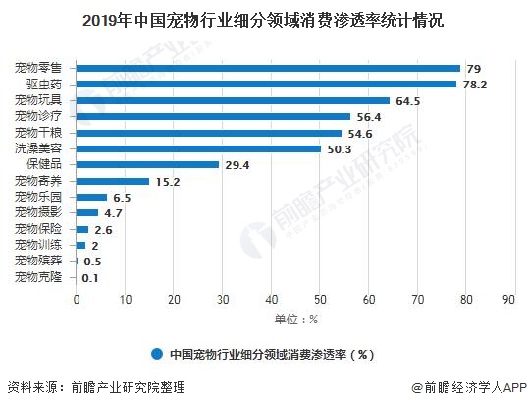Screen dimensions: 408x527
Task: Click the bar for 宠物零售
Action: point(268,68)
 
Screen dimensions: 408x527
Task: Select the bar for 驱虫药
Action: point(266,84)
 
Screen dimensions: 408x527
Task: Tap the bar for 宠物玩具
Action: point(233,100)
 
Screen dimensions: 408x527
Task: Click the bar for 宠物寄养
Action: point(113,181)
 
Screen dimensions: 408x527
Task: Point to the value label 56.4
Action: point(369,116)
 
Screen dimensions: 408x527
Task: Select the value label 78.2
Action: point(475,84)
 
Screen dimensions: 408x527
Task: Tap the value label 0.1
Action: point(90,277)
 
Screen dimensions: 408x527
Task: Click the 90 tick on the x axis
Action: point(508,299)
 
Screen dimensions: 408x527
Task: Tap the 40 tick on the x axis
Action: point(268,299)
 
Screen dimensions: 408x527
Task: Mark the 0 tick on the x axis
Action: point(77,299)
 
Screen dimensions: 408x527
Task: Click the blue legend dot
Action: point(157,353)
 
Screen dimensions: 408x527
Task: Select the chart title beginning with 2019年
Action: point(262,19)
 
